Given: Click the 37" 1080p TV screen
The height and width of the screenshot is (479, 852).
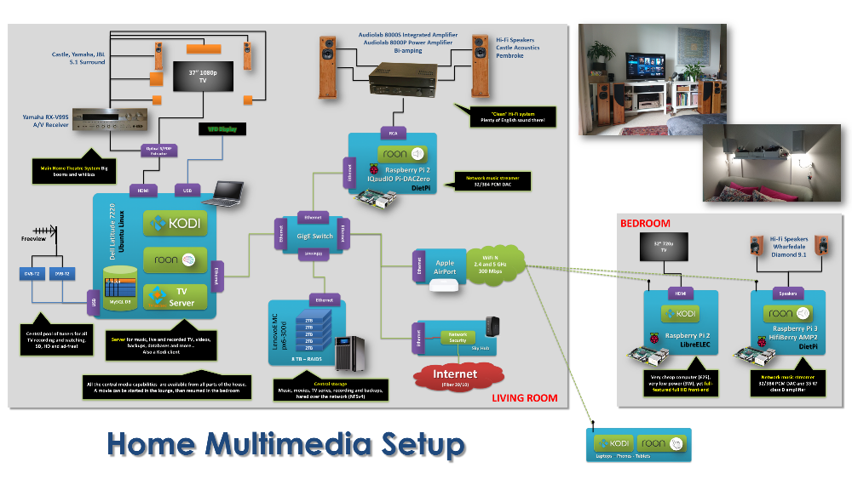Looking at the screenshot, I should (203, 77).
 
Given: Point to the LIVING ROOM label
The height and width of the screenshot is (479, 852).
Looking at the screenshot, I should (525, 397).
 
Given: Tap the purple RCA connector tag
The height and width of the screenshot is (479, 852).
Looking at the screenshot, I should (394, 133).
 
